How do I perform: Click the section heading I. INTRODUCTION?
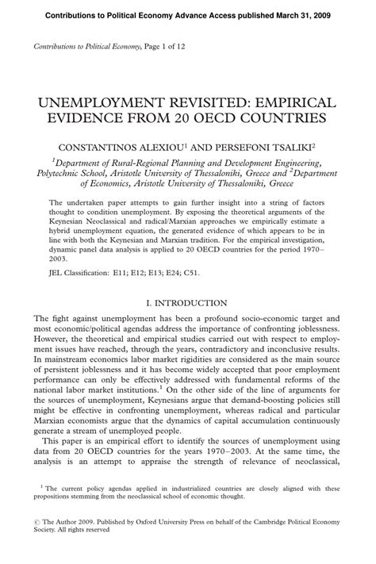point(187,302)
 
